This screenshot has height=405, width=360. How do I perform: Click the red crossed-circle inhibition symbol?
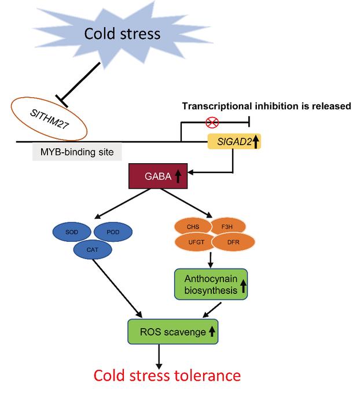click(x=214, y=123)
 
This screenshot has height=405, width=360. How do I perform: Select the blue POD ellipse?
click(x=112, y=232)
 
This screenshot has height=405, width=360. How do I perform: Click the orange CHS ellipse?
click(x=192, y=226)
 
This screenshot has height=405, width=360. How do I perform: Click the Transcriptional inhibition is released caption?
click(x=266, y=106)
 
